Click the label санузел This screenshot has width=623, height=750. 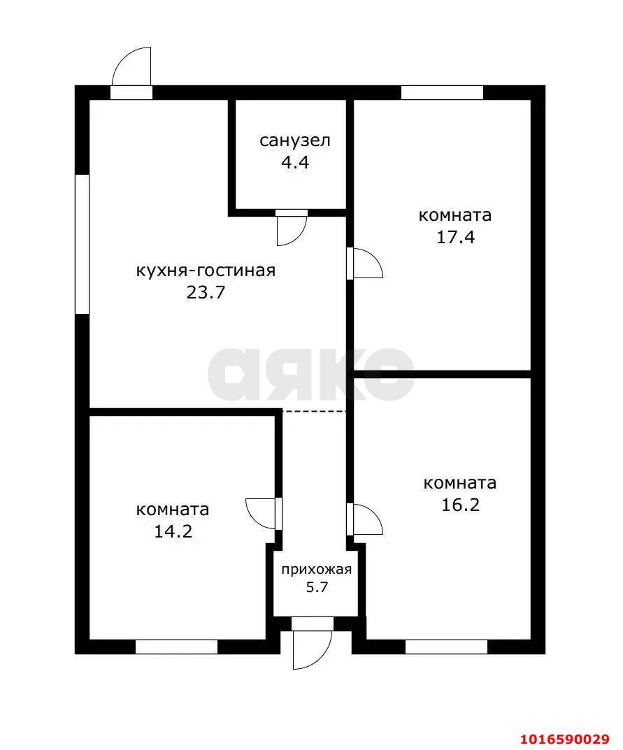pos(295,141)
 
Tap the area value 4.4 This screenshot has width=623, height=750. pos(295,163)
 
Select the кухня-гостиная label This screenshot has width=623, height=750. pos(206,271)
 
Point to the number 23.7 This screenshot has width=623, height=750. pos(206,292)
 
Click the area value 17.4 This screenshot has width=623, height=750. pos(455,237)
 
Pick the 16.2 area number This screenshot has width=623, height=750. pos(460,505)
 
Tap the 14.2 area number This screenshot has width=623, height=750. pos(173,531)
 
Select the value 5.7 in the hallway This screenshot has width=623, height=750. pos(317,587)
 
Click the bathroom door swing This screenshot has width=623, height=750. pos(292,228)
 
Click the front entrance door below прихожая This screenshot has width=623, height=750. pos(313,643)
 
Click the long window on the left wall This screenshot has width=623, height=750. pos(83,244)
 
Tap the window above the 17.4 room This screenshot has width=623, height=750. pos(442,92)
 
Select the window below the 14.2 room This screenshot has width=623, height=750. pos(177,647)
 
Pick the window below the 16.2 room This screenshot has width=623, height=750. pos(446,647)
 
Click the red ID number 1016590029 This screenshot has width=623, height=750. pos(569,740)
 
